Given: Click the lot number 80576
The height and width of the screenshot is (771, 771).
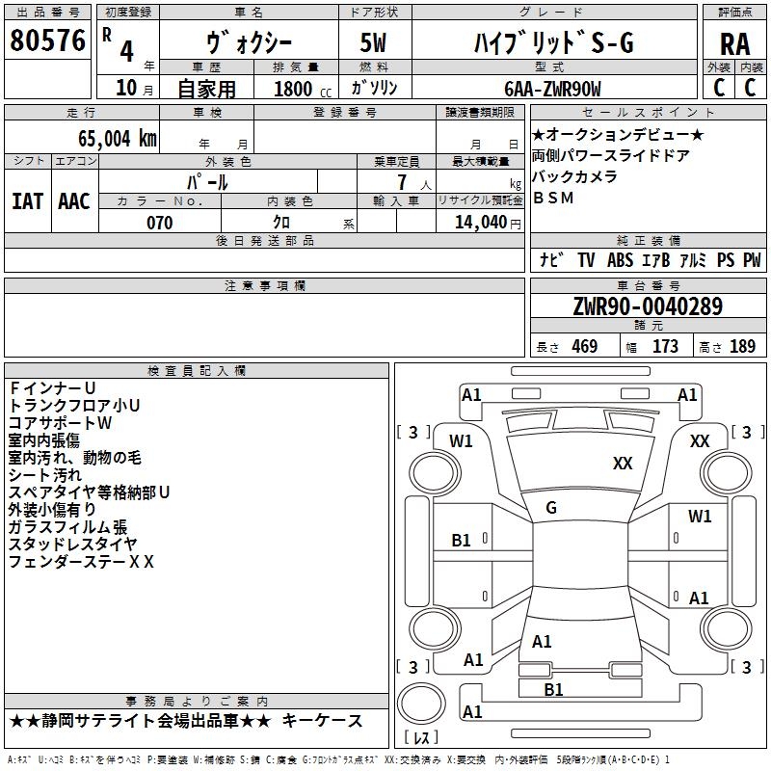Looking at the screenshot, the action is (x=47, y=40).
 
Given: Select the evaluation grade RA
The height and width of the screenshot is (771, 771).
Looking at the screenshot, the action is (x=735, y=44).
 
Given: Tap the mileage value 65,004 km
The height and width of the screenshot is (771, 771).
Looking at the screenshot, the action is (x=118, y=138).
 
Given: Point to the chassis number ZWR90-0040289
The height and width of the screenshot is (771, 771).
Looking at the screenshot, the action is (x=648, y=306).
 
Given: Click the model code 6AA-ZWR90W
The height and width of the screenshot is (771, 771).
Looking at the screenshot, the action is (x=552, y=89).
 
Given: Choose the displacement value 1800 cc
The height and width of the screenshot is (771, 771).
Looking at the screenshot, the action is (x=303, y=90).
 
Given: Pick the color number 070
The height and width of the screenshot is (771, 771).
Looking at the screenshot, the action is (x=160, y=223).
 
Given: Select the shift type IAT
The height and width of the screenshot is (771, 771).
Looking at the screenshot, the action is (x=28, y=201).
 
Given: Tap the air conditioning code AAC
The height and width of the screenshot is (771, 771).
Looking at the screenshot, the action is (x=74, y=201).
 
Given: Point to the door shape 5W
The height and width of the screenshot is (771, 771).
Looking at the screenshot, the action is (x=373, y=42).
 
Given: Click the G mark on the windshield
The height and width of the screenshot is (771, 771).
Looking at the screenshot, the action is (x=551, y=508).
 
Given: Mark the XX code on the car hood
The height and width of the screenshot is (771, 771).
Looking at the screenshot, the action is (x=623, y=463).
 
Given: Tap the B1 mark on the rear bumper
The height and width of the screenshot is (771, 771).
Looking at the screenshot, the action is (x=553, y=689).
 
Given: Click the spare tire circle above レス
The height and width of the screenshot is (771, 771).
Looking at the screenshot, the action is (x=421, y=704).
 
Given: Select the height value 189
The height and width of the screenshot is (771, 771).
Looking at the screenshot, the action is (x=742, y=346).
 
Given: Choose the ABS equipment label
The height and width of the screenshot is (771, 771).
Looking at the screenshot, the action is (x=620, y=260).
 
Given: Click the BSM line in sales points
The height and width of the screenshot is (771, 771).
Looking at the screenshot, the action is (x=553, y=198).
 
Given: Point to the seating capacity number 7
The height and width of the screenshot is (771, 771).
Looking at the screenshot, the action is (x=402, y=182).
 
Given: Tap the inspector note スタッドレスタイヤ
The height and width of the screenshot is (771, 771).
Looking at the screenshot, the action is (x=73, y=544).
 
